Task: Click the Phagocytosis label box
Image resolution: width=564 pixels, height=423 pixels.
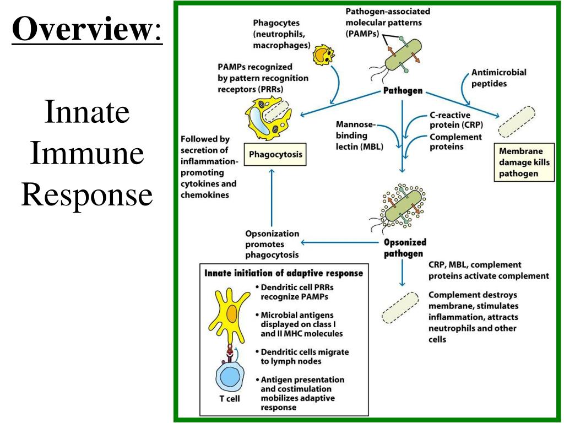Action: click(x=275, y=155)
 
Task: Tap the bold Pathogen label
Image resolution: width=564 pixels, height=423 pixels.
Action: click(x=403, y=91)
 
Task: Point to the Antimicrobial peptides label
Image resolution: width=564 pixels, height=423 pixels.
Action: click(x=498, y=78)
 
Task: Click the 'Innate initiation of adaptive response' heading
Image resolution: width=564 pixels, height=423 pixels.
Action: click(x=284, y=273)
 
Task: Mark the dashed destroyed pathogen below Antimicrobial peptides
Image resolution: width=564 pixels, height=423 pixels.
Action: click(x=517, y=121)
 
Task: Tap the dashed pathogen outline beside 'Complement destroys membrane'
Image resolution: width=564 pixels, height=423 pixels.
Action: click(x=400, y=307)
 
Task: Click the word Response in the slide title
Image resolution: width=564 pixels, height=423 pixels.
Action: click(x=86, y=194)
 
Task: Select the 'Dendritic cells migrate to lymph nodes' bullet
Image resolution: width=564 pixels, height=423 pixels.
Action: click(x=305, y=356)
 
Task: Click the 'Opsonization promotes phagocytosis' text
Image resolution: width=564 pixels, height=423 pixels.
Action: click(x=273, y=244)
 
